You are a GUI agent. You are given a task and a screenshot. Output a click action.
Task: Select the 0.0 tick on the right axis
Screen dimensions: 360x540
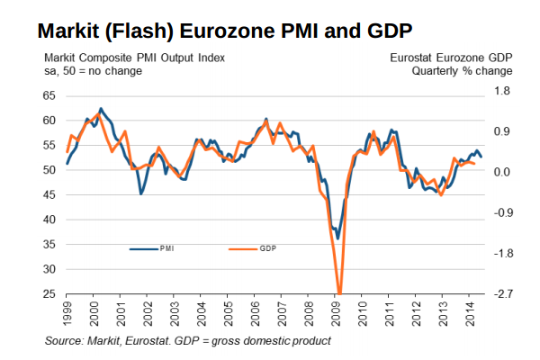[x=502, y=172]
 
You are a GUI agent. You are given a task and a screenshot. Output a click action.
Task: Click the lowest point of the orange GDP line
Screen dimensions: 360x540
[x=339, y=292]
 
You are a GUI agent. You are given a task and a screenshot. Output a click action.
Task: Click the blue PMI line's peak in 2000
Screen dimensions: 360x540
[x=100, y=109]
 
